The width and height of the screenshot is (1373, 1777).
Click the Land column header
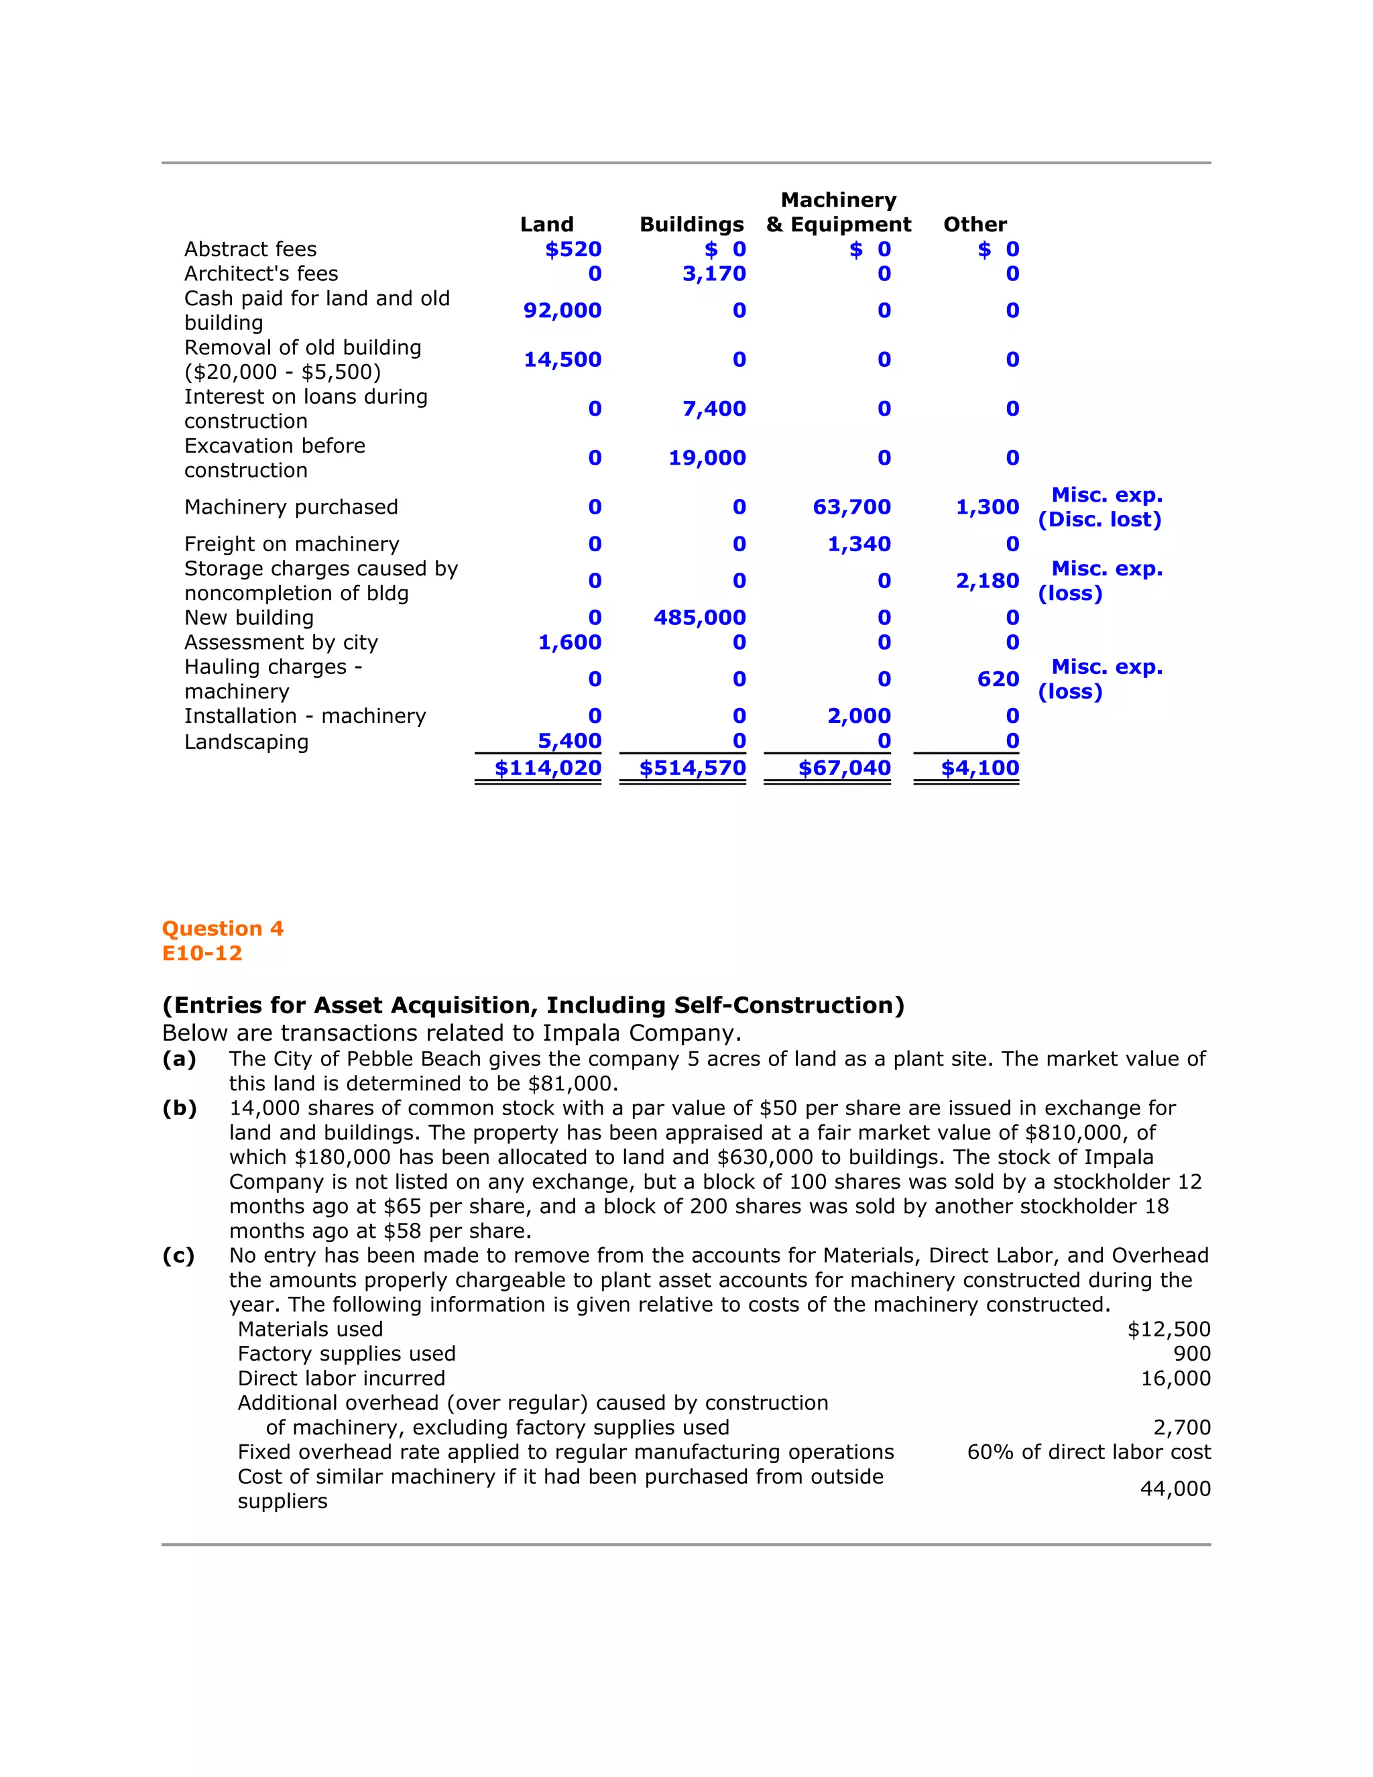coord(546,225)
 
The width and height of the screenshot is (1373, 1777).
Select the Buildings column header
coord(691,225)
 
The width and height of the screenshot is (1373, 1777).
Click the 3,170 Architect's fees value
coord(714,274)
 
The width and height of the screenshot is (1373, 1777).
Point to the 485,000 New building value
coord(699,618)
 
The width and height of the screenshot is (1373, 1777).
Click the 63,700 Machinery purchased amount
coord(851,507)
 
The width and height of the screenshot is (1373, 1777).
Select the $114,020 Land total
coord(548,768)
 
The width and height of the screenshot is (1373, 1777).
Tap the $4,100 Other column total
coord(979,768)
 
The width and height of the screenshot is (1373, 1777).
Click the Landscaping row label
coord(247,742)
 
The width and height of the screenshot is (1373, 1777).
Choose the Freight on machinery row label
coord(291,544)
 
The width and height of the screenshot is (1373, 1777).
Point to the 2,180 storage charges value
coord(987,581)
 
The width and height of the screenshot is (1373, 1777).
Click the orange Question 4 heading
coord(222,928)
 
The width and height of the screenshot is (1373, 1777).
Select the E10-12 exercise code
coord(202,953)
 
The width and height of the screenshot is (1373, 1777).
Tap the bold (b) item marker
coord(180,1108)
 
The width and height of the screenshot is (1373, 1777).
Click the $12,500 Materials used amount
coord(1168,1330)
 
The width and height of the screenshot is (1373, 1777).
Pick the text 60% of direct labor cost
coord(1088,1452)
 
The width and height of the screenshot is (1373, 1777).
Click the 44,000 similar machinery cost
coord(1175,1489)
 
